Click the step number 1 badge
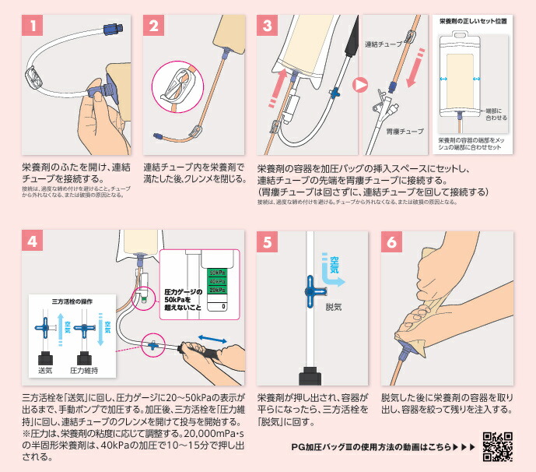33,25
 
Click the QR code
498,447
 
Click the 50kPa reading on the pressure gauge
219,273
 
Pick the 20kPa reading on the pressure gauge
219,290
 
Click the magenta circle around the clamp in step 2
177,86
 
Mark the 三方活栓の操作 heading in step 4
65,301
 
